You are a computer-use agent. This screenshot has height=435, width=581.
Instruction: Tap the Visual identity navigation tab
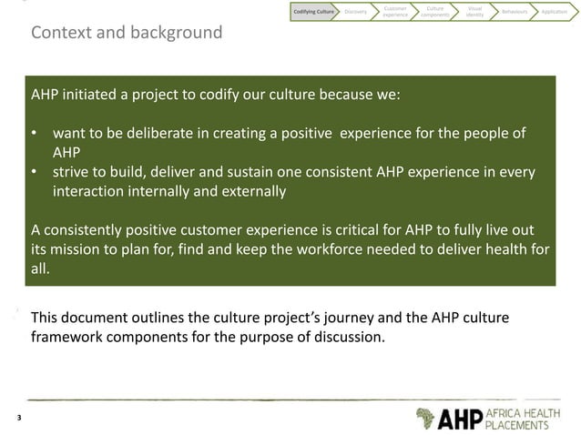click(474, 12)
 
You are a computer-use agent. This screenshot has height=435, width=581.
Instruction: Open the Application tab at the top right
click(556, 12)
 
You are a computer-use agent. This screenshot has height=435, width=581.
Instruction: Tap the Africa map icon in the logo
click(425, 418)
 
